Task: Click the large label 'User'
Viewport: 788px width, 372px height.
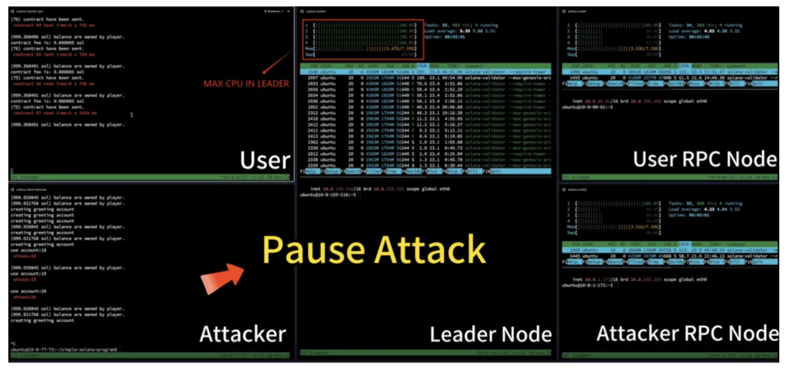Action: click(x=265, y=160)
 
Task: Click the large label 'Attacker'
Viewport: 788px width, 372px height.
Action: click(x=242, y=334)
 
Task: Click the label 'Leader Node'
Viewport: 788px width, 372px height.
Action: click(x=490, y=334)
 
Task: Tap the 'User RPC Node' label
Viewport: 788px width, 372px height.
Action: click(x=705, y=159)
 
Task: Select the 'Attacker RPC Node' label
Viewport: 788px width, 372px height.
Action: click(x=687, y=333)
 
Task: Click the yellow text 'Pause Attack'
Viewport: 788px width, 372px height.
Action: click(x=374, y=250)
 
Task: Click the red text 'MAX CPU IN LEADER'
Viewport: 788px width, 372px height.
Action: click(x=246, y=84)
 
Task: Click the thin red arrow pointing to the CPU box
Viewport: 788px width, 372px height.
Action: click(x=277, y=62)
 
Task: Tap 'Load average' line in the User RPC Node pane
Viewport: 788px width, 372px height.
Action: click(x=704, y=31)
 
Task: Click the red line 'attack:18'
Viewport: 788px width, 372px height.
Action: click(x=24, y=256)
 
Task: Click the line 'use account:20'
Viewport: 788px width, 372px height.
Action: click(x=29, y=291)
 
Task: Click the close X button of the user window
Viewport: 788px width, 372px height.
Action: click(x=288, y=12)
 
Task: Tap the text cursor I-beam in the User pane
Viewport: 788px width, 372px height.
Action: click(x=132, y=115)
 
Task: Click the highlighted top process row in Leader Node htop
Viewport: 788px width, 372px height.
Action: click(x=425, y=72)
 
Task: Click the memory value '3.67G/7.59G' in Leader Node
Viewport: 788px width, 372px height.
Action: click(x=401, y=49)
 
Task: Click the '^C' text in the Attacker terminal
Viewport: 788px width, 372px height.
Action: click(x=13, y=344)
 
